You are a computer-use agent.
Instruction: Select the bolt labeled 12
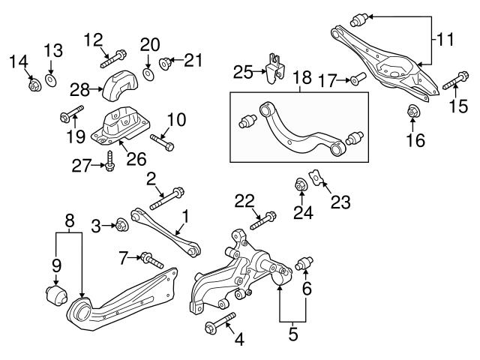coord(115,54)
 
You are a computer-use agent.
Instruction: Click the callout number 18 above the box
coord(301,78)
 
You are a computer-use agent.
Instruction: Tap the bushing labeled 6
coord(305,264)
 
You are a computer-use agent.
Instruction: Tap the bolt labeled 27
coord(111,160)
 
